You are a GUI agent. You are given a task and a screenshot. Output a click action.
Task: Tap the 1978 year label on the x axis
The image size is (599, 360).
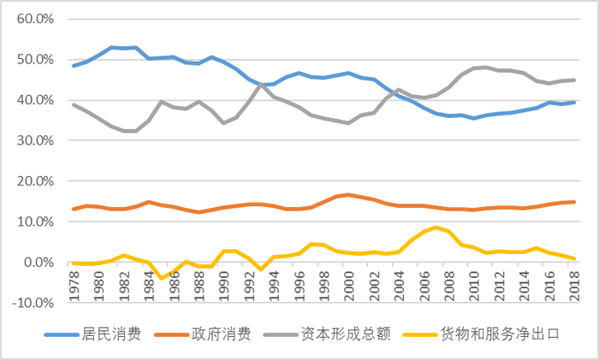[74, 283]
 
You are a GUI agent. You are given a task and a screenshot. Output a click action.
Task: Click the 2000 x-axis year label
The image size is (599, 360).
[348, 283]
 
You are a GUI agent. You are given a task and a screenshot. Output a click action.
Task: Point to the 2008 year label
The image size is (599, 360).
[448, 283]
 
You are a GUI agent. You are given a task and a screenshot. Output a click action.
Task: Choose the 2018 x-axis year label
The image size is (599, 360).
[573, 283]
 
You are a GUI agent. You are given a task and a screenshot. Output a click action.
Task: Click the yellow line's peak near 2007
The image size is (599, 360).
[436, 227]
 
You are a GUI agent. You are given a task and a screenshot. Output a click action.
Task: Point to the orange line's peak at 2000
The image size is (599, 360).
[348, 195]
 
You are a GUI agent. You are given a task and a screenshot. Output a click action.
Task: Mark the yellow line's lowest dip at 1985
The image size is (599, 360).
[161, 278]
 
